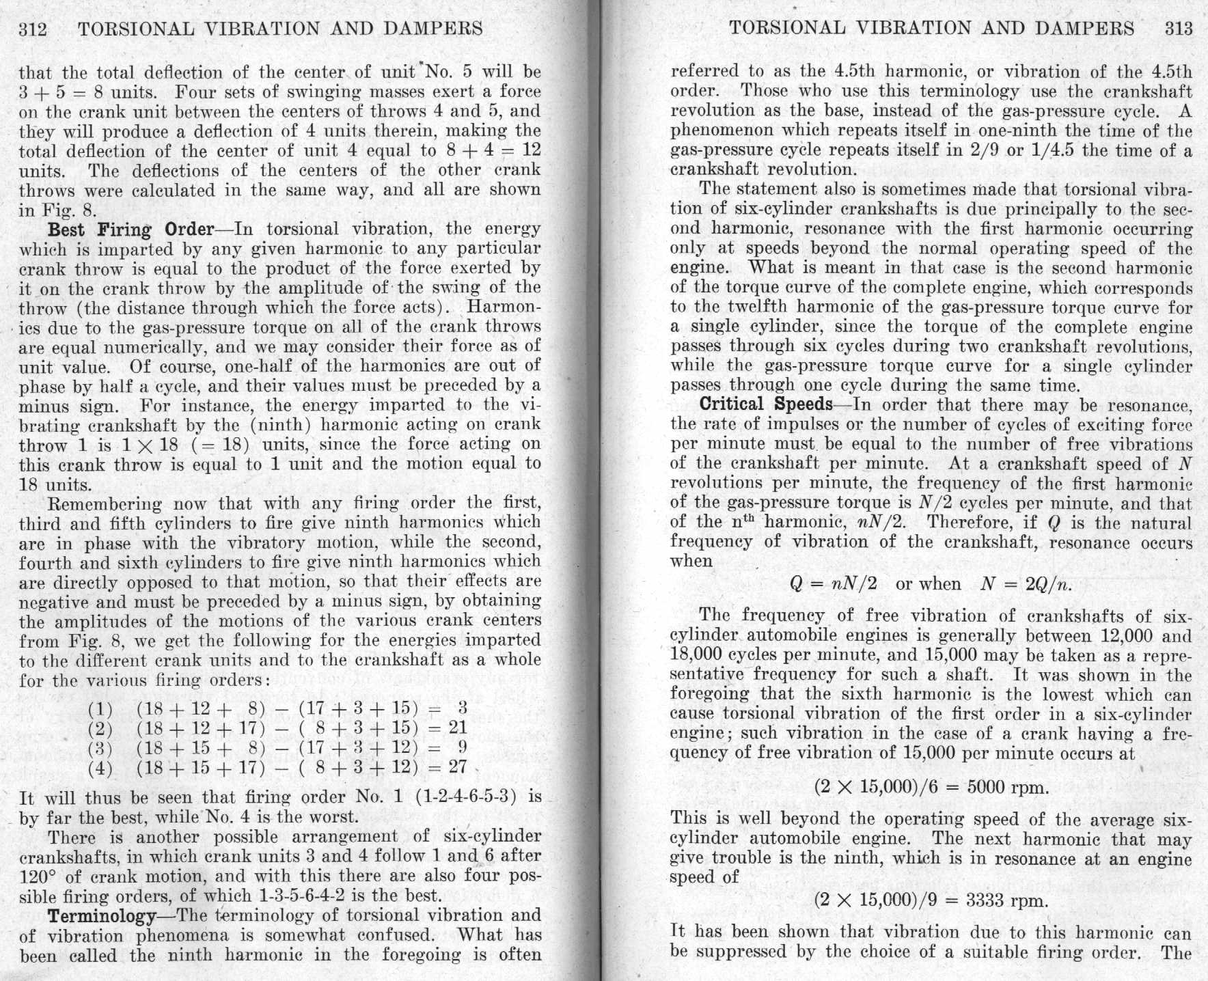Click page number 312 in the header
point(33,29)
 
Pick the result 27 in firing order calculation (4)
point(456,766)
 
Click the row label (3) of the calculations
point(100,747)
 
